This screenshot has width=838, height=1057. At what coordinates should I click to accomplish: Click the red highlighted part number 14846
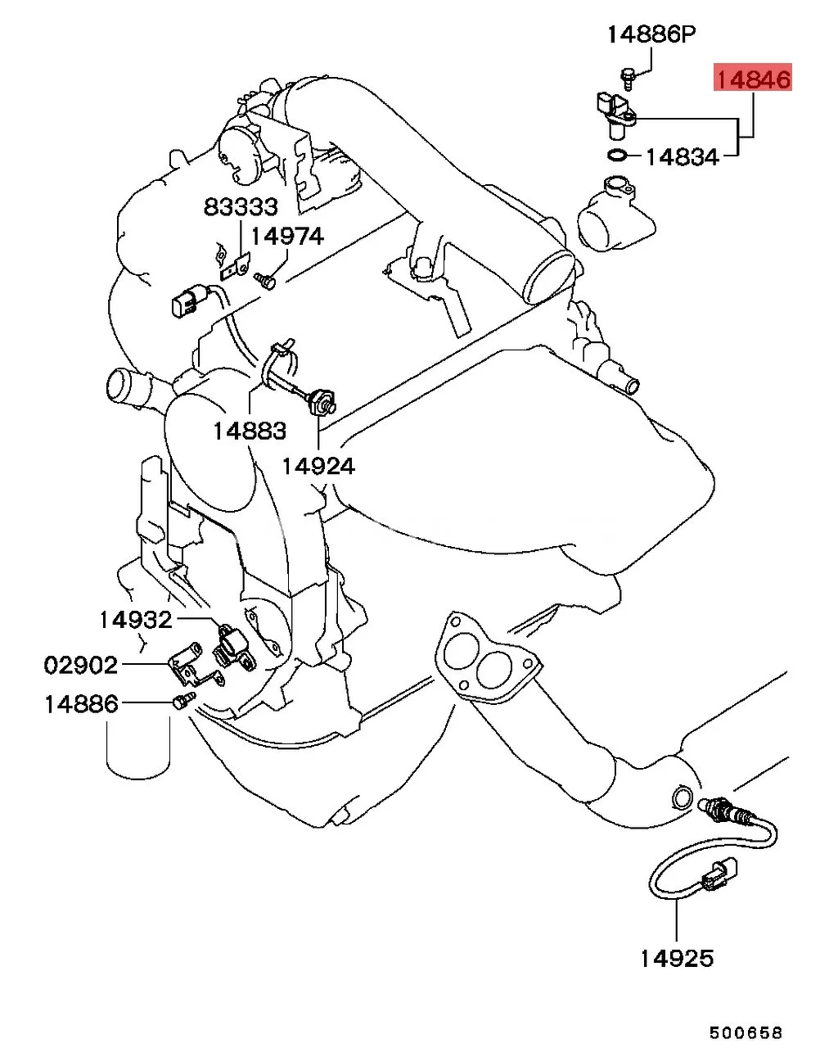coord(753,79)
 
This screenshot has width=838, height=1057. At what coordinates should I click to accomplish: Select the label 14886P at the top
coord(651,34)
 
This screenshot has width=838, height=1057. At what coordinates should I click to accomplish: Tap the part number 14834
coord(682,156)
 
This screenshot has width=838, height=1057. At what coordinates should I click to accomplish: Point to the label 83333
coord(241,207)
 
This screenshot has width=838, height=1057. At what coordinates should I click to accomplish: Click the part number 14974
coord(286,237)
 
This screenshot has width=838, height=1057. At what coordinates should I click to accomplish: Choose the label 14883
coord(250,431)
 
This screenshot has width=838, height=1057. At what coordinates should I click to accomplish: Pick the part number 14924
coord(318,466)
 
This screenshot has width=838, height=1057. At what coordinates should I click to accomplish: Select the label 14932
coord(136,620)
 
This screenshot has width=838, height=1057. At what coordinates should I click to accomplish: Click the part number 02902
coord(81,665)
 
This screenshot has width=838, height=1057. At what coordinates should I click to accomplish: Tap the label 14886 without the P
coord(81,703)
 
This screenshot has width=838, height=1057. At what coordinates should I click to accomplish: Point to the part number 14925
coord(676,958)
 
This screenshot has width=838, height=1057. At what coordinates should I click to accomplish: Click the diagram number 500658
coord(746,1032)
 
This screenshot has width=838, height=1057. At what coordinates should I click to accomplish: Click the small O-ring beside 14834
coord(618,156)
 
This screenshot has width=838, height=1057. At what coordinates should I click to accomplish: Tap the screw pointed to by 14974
coord(265,281)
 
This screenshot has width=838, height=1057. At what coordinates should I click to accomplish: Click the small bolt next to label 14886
coord(183,701)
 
